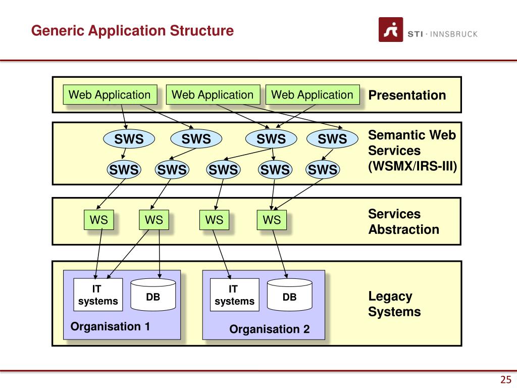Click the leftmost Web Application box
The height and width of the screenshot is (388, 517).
click(110, 94)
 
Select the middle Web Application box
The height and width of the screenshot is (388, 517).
click(213, 94)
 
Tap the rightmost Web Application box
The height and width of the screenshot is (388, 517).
click(313, 94)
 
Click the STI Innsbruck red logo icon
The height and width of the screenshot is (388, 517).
click(391, 30)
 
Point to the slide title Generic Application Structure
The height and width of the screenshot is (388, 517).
click(133, 31)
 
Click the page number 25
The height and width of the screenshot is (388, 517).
click(506, 379)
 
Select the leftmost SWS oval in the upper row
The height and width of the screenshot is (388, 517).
click(129, 139)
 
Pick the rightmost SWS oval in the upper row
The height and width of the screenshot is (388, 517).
click(332, 139)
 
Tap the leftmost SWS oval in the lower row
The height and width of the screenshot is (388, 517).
click(124, 170)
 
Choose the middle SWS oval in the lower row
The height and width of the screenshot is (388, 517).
click(223, 170)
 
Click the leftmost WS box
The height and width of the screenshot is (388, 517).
click(99, 220)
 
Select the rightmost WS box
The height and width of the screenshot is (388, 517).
click(272, 220)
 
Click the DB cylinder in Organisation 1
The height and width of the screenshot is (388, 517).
click(153, 295)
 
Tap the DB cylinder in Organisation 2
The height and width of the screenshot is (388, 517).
click(289, 295)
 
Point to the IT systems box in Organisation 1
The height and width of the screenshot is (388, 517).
click(98, 295)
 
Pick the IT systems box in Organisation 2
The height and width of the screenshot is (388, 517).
click(234, 295)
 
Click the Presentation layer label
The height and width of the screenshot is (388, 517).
click(407, 95)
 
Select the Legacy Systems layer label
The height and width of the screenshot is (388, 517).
click(395, 304)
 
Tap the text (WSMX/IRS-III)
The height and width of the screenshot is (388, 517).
click(412, 166)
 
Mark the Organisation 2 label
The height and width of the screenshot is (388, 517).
click(270, 329)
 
